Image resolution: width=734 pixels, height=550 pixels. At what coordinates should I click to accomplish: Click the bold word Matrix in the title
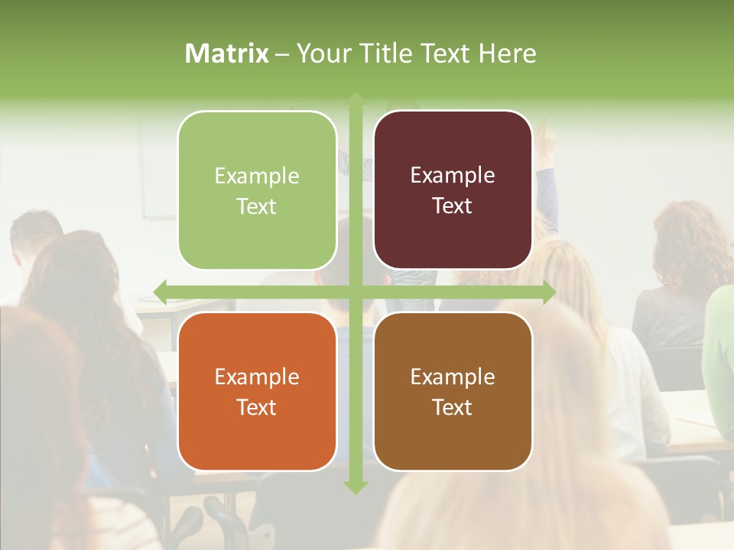click(227, 53)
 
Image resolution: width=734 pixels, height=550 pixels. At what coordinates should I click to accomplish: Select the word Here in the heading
click(507, 53)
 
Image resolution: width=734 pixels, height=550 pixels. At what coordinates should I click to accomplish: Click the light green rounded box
click(257, 190)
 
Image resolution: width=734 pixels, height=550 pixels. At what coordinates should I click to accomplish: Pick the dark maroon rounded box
click(453, 190)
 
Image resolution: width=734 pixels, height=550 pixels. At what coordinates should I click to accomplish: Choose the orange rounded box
click(257, 392)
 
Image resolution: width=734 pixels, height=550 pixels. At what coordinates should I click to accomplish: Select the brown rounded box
click(453, 392)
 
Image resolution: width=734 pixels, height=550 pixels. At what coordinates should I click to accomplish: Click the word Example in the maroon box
click(453, 176)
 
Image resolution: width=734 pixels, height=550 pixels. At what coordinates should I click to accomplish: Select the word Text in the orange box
click(256, 407)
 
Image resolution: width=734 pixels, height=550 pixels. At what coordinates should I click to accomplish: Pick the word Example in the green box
click(257, 176)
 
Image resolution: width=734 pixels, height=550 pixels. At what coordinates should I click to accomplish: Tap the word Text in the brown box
click(452, 407)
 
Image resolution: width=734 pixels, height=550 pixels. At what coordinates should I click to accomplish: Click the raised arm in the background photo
click(547, 176)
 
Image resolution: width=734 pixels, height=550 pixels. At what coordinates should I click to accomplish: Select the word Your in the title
click(317, 53)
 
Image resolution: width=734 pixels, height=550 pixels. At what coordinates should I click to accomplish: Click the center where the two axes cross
click(356, 292)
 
